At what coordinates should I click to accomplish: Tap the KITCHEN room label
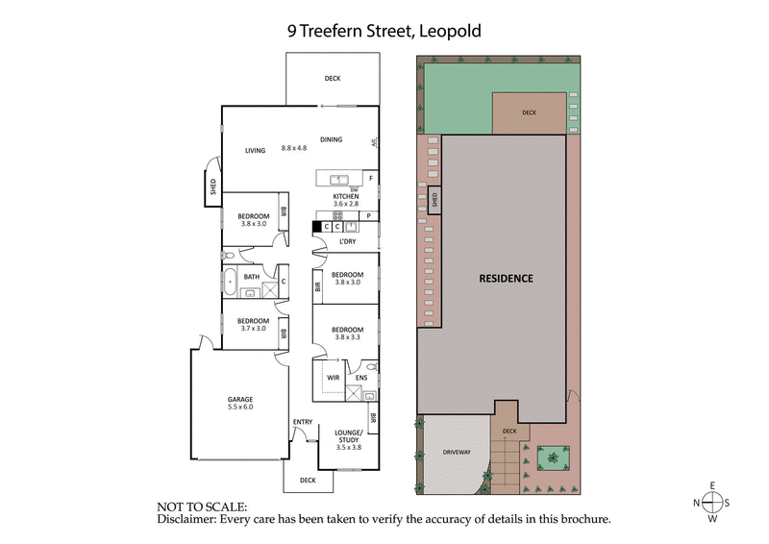tap(345, 195)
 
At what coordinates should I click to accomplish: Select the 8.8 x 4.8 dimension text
tap(294, 148)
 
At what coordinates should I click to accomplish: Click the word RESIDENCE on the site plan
tap(506, 279)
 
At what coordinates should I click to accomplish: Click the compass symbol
tap(712, 502)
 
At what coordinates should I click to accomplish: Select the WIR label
tap(334, 378)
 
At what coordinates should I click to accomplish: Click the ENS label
tap(360, 379)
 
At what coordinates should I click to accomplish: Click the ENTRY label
tap(302, 422)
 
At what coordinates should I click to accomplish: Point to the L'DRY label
tap(347, 241)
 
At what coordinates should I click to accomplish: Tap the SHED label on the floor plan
tap(212, 186)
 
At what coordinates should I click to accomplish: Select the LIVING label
tap(255, 150)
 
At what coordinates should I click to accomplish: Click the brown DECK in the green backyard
tap(528, 112)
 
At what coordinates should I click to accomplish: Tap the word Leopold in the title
tap(449, 31)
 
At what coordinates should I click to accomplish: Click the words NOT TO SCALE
tap(201, 506)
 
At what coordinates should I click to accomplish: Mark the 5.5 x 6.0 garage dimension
tap(240, 407)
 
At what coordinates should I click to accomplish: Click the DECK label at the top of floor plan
tap(332, 79)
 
